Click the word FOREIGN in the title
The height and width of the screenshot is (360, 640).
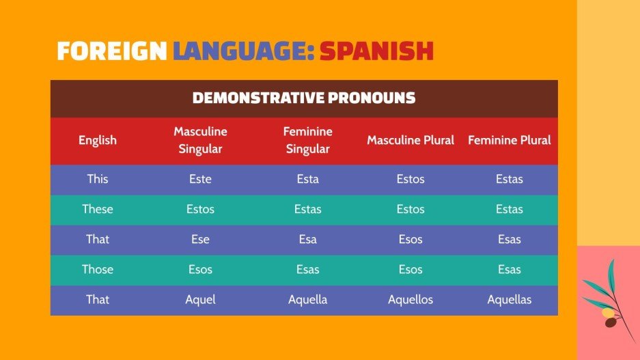point(111,51)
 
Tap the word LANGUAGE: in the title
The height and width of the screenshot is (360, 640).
point(243,51)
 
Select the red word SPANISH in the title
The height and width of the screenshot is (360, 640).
point(376,51)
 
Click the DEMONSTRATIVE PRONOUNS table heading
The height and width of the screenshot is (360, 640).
point(304,98)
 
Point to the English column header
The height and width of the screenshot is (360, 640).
point(98,140)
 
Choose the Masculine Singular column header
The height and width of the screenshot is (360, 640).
point(200,140)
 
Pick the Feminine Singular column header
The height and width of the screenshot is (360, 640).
point(307,140)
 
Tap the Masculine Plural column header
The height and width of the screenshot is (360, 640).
point(411,140)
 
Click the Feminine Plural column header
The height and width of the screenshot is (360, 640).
point(509,140)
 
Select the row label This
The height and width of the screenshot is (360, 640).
point(98,179)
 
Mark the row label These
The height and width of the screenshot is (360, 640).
point(98,209)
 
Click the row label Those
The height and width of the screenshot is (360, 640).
point(98,269)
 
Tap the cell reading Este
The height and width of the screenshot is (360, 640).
point(200,179)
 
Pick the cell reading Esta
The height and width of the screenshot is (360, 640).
point(307,179)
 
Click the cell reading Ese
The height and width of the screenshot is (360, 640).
point(200,239)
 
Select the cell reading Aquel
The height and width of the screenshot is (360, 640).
point(200,299)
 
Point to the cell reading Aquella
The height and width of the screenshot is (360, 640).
point(307,299)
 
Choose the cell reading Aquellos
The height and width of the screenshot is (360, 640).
point(411,299)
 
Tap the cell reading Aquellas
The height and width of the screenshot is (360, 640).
point(509,299)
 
